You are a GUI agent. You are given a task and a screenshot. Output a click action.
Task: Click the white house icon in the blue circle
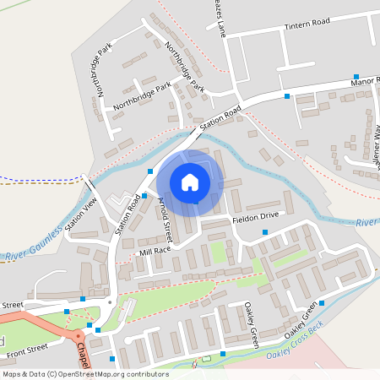190,182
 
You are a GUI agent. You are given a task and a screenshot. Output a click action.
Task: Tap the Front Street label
25,347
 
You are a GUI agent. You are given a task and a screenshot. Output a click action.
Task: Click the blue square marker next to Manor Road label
356,76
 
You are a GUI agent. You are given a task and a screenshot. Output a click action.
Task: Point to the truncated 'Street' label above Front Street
11,305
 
